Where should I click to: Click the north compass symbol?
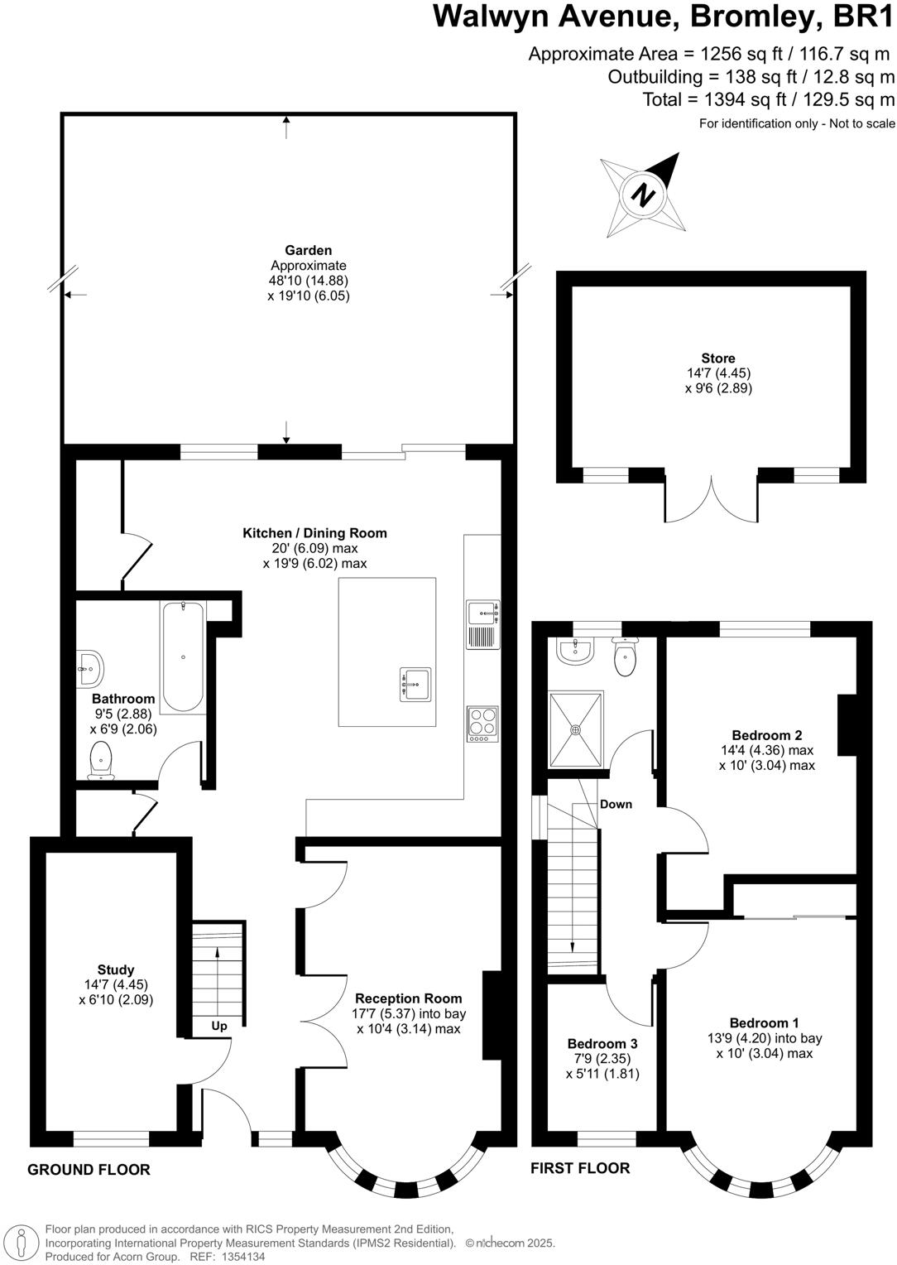coord(643,195)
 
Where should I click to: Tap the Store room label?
coord(717,358)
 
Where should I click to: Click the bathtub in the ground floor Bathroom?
coord(183,657)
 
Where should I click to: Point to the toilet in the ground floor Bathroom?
coord(101,761)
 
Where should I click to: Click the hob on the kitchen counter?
coord(482,723)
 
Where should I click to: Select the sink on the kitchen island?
coord(416,684)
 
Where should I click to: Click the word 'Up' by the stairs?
coord(218,1026)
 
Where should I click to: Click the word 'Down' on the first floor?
coord(616,804)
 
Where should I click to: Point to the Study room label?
coord(116,969)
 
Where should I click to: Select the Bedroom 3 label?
coord(602,1043)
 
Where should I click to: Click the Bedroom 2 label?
coord(766,735)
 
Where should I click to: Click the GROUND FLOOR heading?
coord(89,1170)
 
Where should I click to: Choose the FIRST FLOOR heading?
coord(580,1168)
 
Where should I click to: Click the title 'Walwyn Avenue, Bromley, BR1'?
coord(664,17)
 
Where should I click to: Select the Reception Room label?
coord(408,998)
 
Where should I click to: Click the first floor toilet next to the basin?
coord(624,657)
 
